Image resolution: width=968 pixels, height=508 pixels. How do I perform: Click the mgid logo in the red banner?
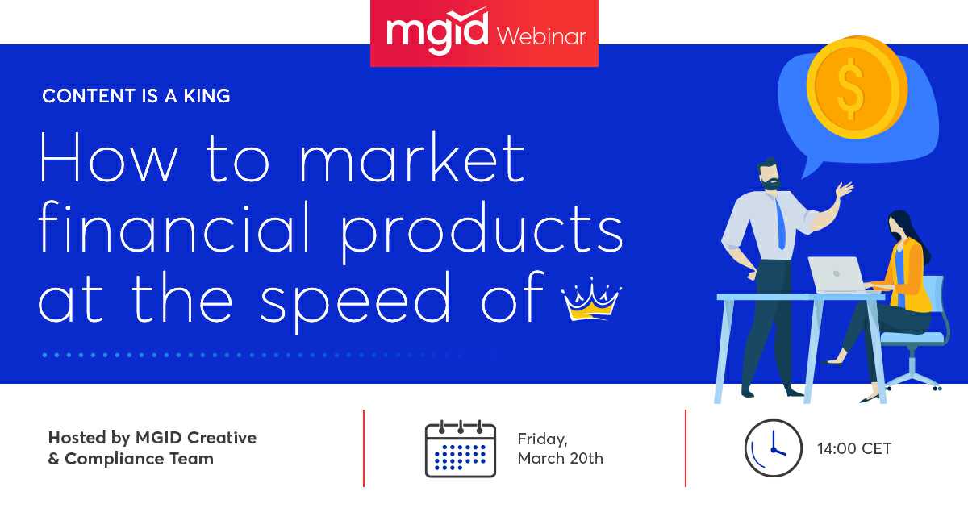437,31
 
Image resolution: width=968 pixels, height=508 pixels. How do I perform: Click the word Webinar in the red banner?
541,35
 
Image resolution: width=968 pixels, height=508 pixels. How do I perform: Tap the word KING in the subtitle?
207,96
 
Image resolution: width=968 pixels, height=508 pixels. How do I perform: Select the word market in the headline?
413,158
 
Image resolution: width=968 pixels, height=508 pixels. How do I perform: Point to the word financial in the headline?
173,226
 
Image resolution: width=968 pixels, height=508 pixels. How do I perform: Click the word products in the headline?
482,231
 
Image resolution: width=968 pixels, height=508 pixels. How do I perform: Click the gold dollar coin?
857,88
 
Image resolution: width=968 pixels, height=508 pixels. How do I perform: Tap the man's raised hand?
845,189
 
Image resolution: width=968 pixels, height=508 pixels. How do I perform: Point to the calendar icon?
461,448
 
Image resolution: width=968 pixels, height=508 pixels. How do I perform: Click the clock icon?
773,448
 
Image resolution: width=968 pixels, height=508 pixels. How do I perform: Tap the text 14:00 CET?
854,448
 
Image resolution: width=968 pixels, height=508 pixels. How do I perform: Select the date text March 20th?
561,458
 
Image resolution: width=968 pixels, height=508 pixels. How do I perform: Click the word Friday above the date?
542,439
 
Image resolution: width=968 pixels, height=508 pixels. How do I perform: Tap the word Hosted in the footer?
77,438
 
